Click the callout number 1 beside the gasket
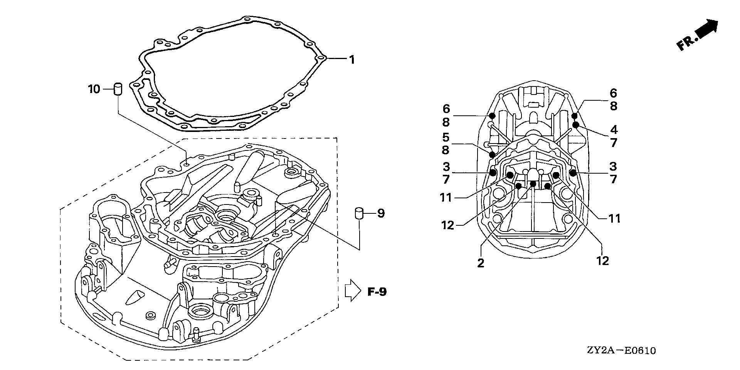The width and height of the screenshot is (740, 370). [351, 59]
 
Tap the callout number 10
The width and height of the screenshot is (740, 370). [94, 90]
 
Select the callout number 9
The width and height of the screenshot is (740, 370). [381, 213]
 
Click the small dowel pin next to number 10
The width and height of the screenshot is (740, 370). [118, 89]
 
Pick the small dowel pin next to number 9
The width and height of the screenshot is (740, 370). [359, 213]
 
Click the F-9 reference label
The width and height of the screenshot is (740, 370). [376, 292]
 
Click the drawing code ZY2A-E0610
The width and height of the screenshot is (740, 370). [621, 351]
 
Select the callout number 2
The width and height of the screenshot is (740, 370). [480, 263]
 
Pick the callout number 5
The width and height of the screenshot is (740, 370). [446, 137]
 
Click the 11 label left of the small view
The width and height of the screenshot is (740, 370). [446, 198]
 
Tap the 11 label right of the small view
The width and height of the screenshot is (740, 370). [614, 218]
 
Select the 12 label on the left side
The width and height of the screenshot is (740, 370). [448, 225]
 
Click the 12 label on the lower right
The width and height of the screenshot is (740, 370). [602, 260]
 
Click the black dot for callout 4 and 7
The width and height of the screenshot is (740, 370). [576, 125]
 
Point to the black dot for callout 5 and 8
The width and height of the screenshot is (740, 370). [492, 155]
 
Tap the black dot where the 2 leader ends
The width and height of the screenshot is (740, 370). [533, 184]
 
